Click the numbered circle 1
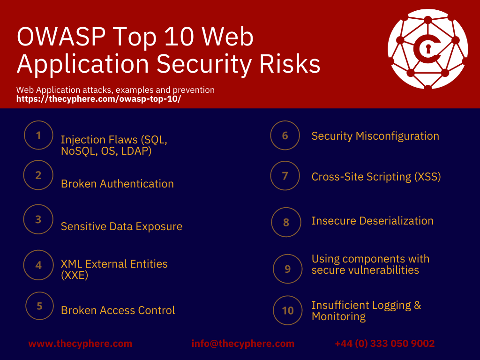coord(39,135)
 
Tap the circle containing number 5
coord(40,306)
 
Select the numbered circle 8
coord(286,222)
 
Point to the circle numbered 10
coord(288,310)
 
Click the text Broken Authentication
coord(117,184)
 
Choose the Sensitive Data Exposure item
coord(121,226)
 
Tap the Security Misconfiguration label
coord(375,136)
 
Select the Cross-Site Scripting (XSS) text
coord(376,177)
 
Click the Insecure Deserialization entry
coord(372,221)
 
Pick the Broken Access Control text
coord(118,310)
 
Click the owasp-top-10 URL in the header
coord(98,99)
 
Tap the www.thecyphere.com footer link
coord(80,344)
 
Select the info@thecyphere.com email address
coord(243,344)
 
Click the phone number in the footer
coord(384,344)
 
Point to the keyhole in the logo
coord(427,48)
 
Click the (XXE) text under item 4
coord(75,275)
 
